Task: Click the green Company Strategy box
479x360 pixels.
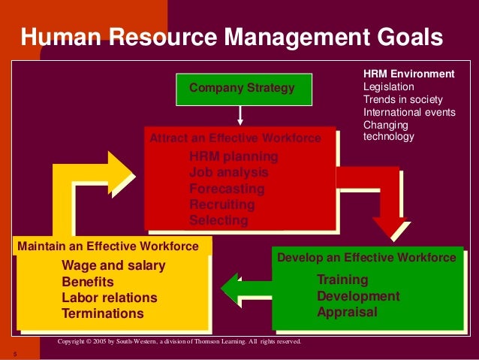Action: tap(241, 89)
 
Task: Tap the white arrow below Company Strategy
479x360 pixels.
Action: tap(240, 115)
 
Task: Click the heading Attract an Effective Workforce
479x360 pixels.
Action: tap(235, 138)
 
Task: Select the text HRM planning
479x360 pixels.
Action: tap(233, 156)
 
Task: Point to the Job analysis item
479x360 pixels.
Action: tap(228, 172)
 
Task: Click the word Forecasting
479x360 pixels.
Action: tap(227, 189)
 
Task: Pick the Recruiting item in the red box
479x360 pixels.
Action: tap(222, 204)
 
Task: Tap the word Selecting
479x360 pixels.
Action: tap(218, 220)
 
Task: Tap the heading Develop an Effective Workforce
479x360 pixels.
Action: tap(366, 258)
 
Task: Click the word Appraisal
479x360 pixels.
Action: tap(347, 312)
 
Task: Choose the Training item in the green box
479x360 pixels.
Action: tap(342, 280)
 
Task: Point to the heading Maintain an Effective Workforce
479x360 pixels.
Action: tap(108, 246)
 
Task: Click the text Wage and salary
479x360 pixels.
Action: tap(113, 265)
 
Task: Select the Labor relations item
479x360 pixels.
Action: tap(110, 298)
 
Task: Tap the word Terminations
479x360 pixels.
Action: tap(102, 313)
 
